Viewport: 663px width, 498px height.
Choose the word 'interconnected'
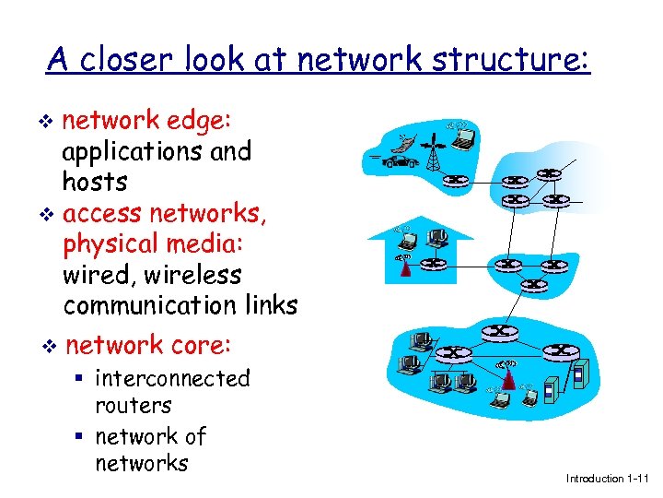pyautogui.click(x=172, y=378)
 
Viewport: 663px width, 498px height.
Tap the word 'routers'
pyautogui.click(x=133, y=405)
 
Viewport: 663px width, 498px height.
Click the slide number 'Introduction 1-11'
pyautogui.click(x=608, y=478)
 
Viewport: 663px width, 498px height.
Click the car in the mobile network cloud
pyautogui.click(x=397, y=163)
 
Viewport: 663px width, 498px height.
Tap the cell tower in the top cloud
pyautogui.click(x=432, y=153)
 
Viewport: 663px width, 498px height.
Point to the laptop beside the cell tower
pyautogui.click(x=462, y=139)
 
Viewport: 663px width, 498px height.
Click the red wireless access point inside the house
pyautogui.click(x=402, y=267)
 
